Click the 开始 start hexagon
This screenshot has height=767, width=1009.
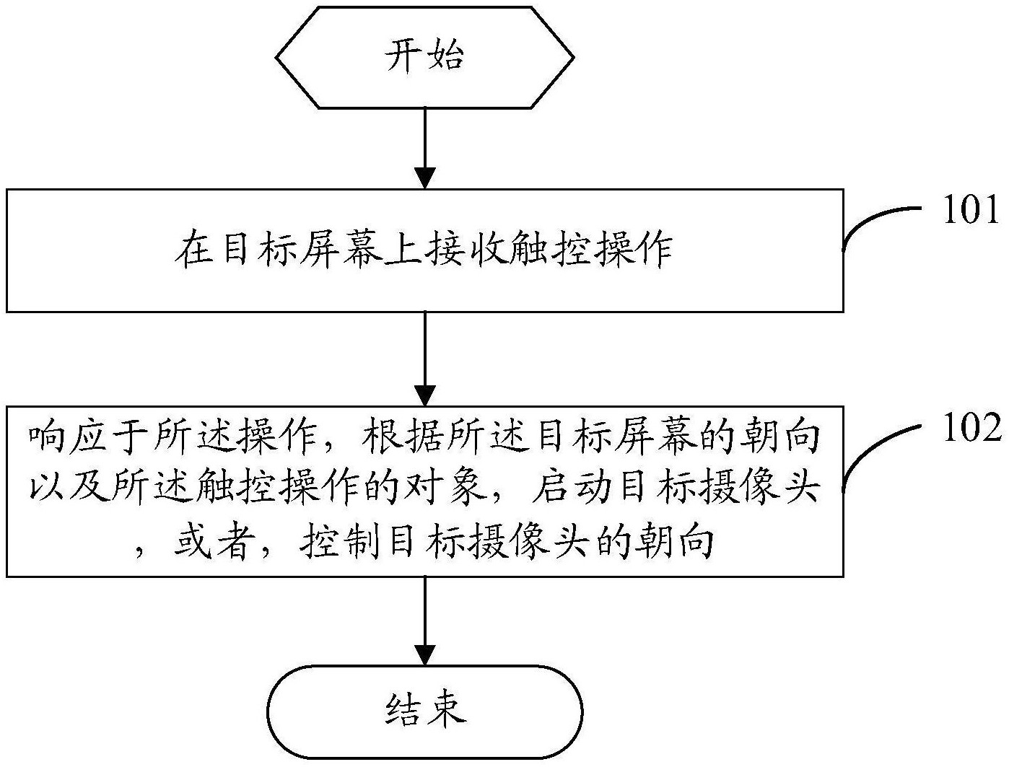pos(425,57)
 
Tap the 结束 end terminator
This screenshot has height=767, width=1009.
pos(425,710)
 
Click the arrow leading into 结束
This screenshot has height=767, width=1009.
pos(425,621)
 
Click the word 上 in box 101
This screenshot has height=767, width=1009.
pos(409,251)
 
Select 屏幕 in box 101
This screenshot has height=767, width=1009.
pos(340,251)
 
